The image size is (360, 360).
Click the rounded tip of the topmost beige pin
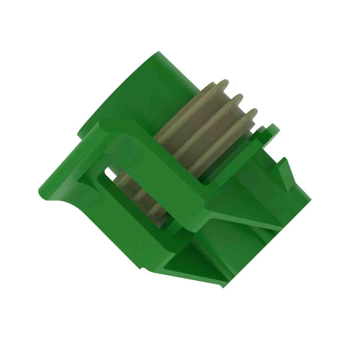click(x=223, y=83)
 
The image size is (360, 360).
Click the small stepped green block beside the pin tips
click(x=267, y=131)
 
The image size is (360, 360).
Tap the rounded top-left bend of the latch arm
click(x=105, y=126)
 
